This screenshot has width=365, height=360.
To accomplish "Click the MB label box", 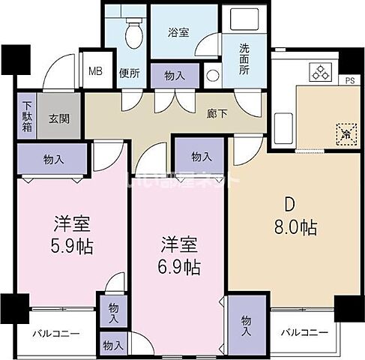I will tap(96, 72).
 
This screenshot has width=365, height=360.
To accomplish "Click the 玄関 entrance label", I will tap(60, 118).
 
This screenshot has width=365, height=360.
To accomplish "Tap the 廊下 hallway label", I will tap(217, 115).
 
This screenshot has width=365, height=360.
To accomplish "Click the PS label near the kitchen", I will tap(349, 80).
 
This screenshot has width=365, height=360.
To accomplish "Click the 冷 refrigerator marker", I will tap(345, 134).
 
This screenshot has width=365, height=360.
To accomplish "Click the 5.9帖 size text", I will tap(73, 245).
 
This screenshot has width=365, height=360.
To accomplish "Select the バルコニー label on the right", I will tap(304, 332).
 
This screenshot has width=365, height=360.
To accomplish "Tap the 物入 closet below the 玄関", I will tap(53, 160).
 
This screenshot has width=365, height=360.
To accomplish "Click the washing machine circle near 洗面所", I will tap(211, 76).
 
